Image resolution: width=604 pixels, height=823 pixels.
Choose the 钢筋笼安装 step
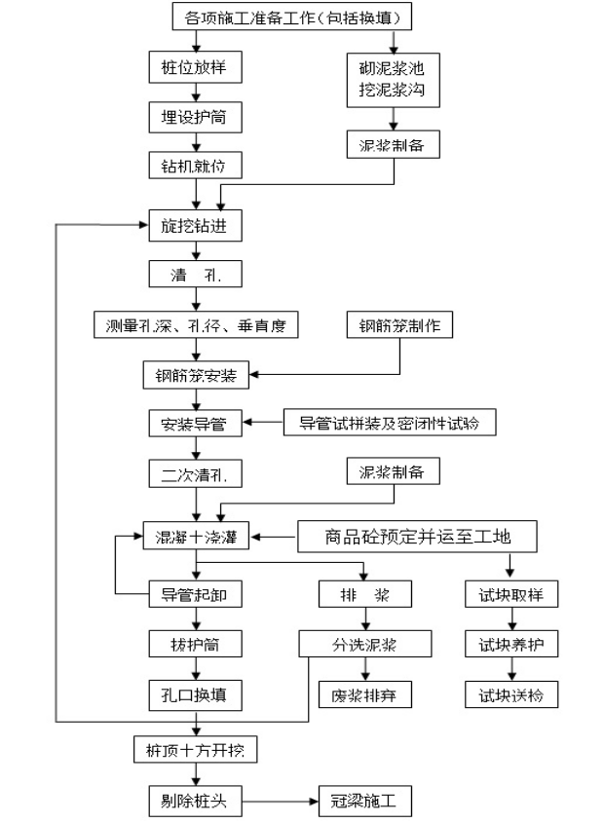click(196, 374)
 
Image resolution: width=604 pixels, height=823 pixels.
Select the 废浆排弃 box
click(364, 694)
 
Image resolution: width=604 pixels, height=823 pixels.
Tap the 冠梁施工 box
click(364, 803)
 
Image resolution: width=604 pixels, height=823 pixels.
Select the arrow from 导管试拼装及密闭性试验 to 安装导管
click(263, 424)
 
